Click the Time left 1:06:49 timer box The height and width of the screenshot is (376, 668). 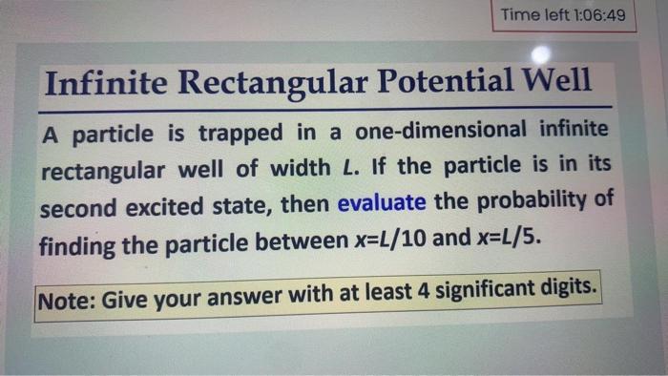click(x=563, y=15)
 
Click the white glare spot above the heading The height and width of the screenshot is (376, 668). click(x=541, y=54)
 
